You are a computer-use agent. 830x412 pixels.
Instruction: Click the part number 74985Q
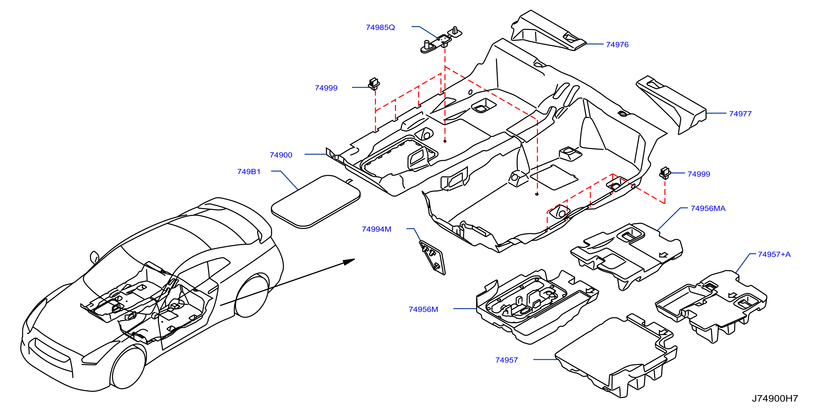380,27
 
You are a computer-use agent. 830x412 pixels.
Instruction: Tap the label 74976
617,44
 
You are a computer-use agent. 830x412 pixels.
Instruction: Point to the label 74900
281,155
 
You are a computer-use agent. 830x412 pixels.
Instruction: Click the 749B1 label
248,172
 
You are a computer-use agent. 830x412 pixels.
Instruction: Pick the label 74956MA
708,208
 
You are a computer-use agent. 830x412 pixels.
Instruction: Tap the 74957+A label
774,254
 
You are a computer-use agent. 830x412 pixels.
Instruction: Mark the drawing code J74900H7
775,398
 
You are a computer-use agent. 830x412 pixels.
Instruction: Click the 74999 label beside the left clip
326,88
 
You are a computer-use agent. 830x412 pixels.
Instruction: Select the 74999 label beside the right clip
699,174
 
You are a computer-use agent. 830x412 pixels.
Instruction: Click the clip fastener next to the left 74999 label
374,84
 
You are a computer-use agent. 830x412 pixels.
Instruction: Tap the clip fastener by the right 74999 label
665,173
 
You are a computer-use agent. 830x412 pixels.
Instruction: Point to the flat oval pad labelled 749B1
316,202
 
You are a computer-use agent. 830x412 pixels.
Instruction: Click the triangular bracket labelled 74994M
432,258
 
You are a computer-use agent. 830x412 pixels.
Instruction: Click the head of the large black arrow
349,261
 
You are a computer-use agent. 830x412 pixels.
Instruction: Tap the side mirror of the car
94,257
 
